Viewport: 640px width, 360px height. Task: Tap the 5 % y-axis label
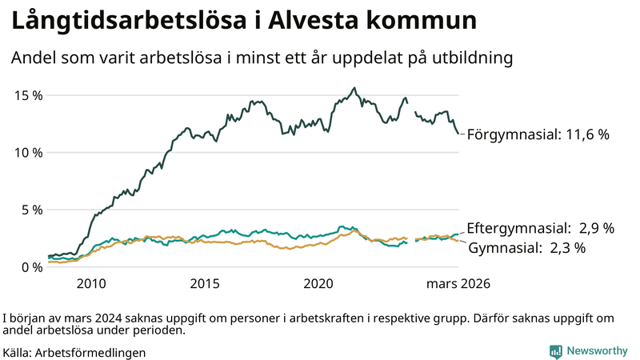point(30,210)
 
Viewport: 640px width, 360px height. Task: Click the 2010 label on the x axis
point(91,284)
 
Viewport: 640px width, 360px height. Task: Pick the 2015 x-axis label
point(205,284)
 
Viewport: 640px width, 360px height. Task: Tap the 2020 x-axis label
point(318,284)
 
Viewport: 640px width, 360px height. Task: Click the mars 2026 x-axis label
point(458,284)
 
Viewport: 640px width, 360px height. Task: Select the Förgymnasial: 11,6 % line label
point(538,134)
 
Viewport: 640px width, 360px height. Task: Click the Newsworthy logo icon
point(555,351)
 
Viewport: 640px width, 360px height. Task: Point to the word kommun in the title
point(431,22)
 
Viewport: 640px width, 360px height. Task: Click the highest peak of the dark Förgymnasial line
point(354,88)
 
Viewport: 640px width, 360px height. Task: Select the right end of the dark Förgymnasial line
point(458,133)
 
